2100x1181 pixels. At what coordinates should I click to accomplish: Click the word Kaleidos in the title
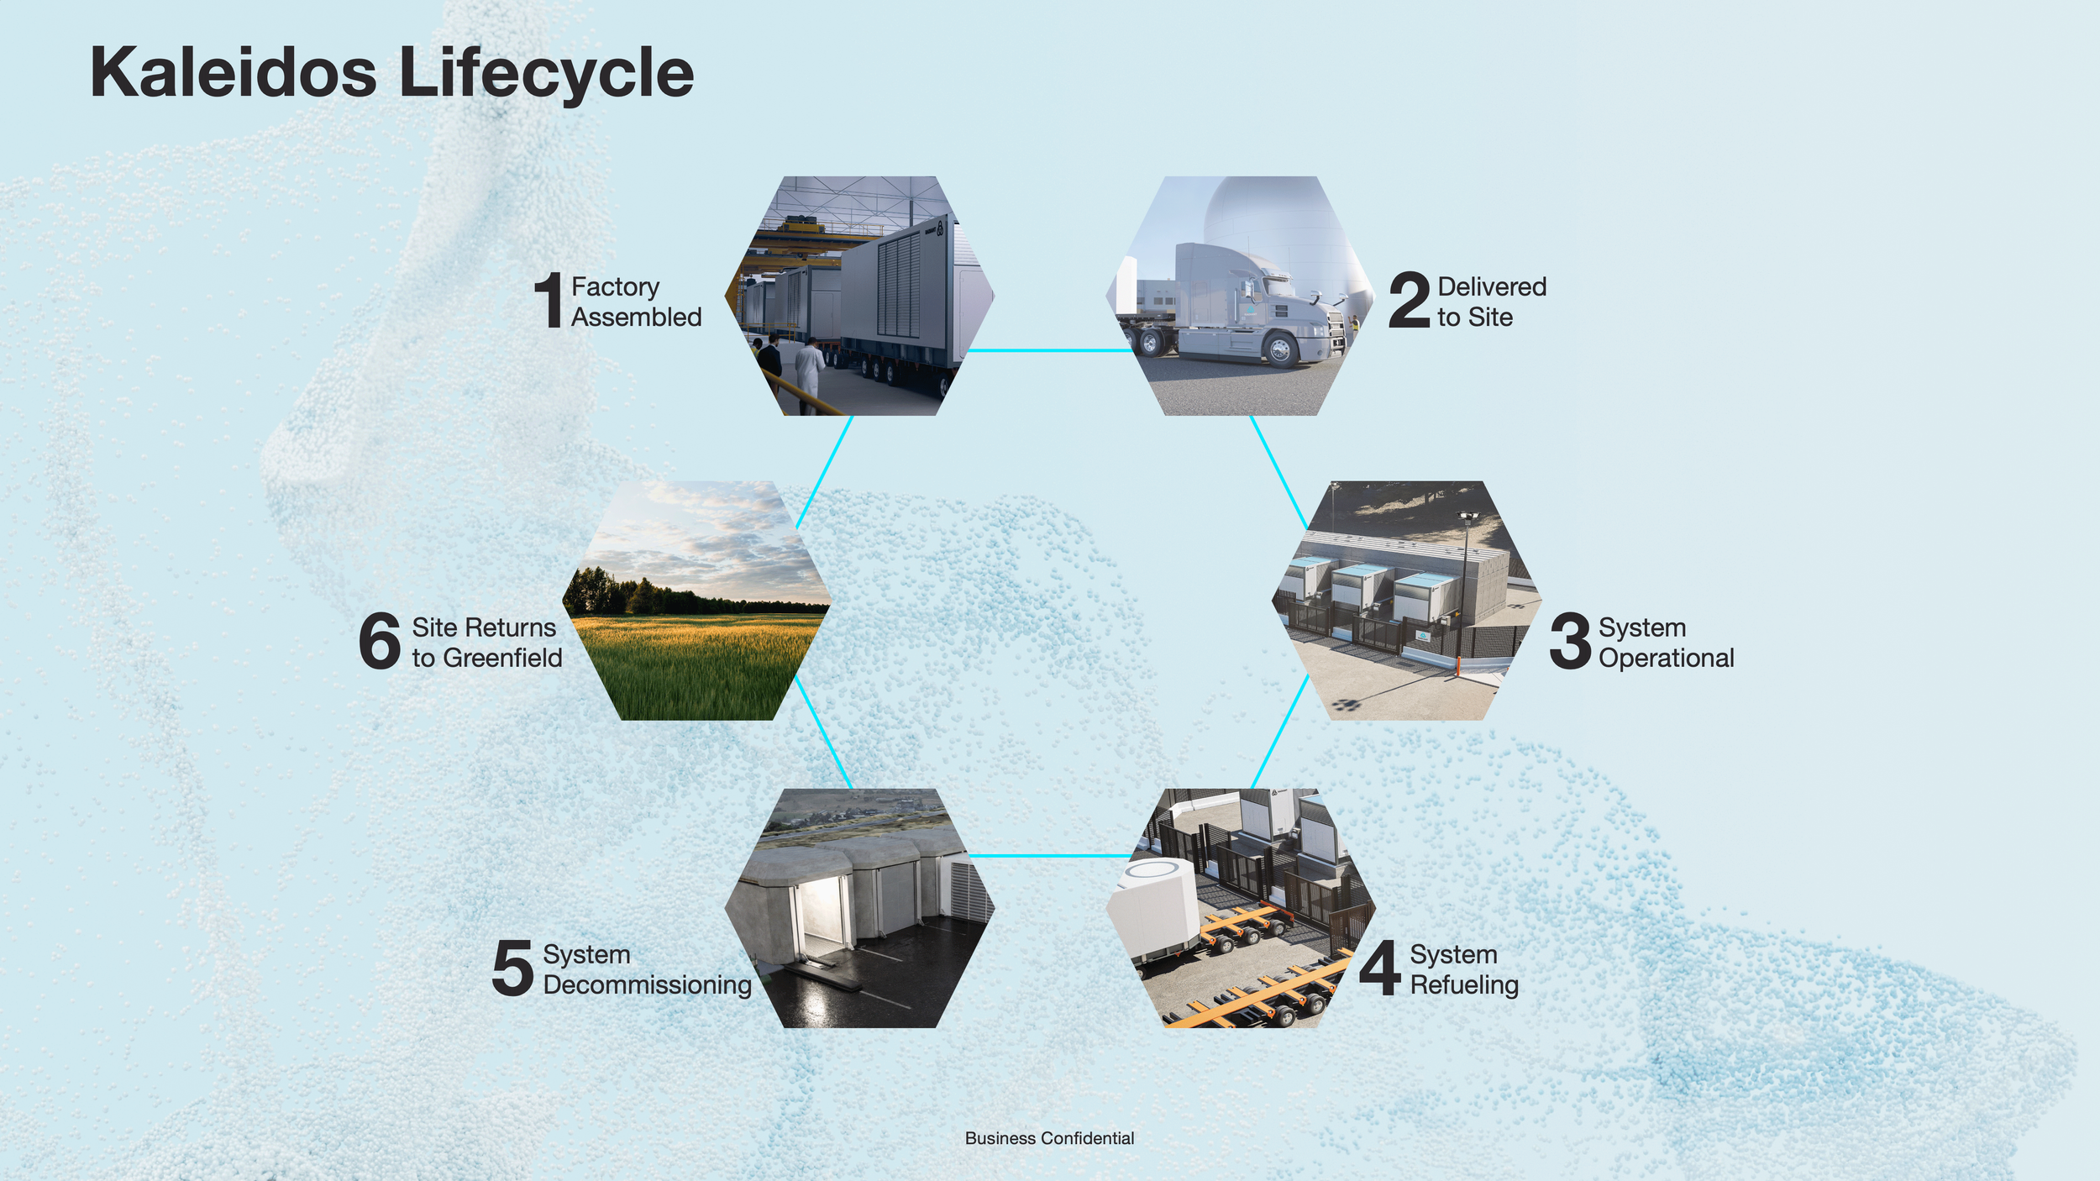pyautogui.click(x=233, y=73)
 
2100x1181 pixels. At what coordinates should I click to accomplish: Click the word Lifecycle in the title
pyautogui.click(x=546, y=73)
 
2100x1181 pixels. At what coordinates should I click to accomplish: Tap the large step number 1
pyautogui.click(x=549, y=300)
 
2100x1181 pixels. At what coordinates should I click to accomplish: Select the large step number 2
pyautogui.click(x=1409, y=300)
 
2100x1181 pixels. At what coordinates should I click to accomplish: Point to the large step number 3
pyautogui.click(x=1570, y=641)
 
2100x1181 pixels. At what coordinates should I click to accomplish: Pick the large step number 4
pyautogui.click(x=1380, y=968)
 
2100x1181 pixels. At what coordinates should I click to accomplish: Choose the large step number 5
pyautogui.click(x=512, y=968)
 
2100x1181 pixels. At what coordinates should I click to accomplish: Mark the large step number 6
pyautogui.click(x=380, y=641)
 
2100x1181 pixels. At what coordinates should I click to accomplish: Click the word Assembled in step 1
pyautogui.click(x=636, y=318)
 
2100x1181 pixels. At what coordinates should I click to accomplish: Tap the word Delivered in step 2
pyautogui.click(x=1492, y=286)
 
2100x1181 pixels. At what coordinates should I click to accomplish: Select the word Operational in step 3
pyautogui.click(x=1666, y=658)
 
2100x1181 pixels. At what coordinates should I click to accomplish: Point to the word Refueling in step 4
pyautogui.click(x=1463, y=984)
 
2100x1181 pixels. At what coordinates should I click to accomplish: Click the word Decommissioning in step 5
pyautogui.click(x=647, y=984)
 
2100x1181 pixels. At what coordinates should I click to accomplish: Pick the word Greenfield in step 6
pyautogui.click(x=502, y=658)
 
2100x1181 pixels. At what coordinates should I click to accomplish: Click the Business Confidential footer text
pyautogui.click(x=1049, y=1138)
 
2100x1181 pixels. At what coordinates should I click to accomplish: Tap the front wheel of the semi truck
pyautogui.click(x=1280, y=349)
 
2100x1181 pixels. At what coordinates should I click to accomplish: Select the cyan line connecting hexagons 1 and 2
pyautogui.click(x=1050, y=350)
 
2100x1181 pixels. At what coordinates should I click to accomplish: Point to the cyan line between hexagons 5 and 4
pyautogui.click(x=1050, y=856)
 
